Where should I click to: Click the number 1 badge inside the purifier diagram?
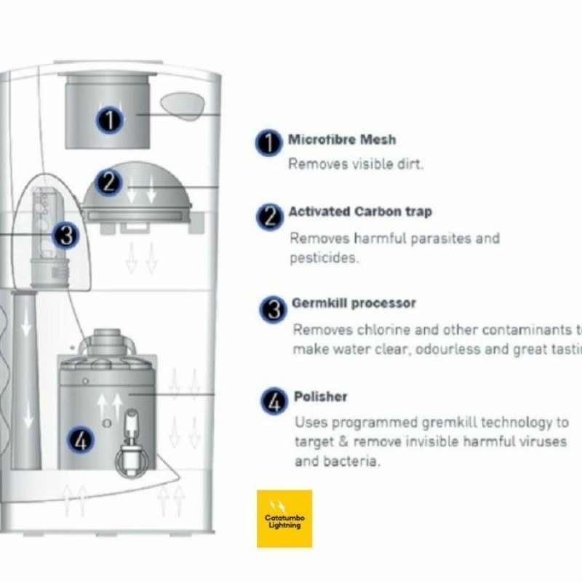click(x=110, y=119)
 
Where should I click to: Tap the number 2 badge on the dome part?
click(x=108, y=182)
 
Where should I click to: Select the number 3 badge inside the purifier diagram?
click(x=65, y=235)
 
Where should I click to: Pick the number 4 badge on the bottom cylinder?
click(x=81, y=440)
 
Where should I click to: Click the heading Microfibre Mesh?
click(x=342, y=140)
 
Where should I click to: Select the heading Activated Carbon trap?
click(x=360, y=212)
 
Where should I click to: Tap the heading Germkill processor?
click(x=354, y=303)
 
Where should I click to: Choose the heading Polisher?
click(x=320, y=396)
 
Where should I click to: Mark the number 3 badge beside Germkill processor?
click(x=273, y=309)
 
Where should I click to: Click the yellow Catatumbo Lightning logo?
click(x=284, y=518)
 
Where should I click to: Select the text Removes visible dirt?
click(x=356, y=164)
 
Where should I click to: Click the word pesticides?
click(x=324, y=258)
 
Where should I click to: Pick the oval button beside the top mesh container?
click(x=183, y=105)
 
